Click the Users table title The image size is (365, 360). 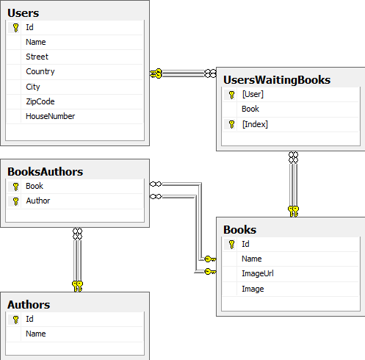coord(24,13)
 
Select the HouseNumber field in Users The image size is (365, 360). coord(51,116)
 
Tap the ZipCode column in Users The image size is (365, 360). coord(40,101)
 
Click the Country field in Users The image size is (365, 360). coord(40,71)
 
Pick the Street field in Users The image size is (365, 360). coord(37,57)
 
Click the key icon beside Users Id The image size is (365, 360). coord(15,28)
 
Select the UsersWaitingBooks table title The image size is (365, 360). coord(277,80)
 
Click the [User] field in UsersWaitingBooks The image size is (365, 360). coord(253,94)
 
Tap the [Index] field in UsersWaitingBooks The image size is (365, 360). coord(255,124)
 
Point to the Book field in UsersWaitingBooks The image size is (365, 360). coord(250,109)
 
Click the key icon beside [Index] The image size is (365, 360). coord(231,124)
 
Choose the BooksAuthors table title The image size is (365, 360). coord(46,172)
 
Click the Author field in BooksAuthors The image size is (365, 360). coord(38,201)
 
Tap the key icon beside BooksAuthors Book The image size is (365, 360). coord(15,187)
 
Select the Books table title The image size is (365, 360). coord(240,230)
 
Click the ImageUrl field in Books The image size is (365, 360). coord(258,273)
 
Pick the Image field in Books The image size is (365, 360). coord(253,289)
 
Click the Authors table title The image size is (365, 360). coord(29,305)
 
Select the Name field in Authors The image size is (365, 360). coord(36,334)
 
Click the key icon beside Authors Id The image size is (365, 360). coord(15,320)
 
